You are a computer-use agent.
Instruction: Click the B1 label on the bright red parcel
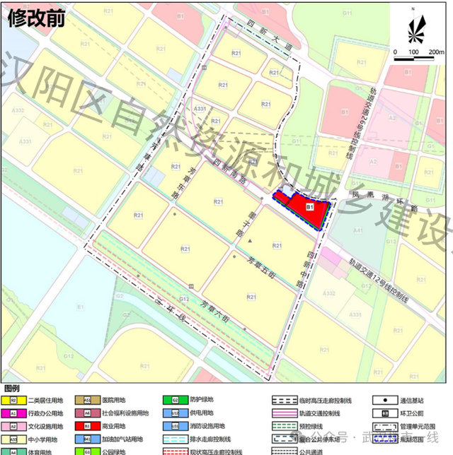(309, 206)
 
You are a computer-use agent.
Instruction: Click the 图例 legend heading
(12, 389)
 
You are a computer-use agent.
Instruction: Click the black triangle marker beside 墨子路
(249, 242)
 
